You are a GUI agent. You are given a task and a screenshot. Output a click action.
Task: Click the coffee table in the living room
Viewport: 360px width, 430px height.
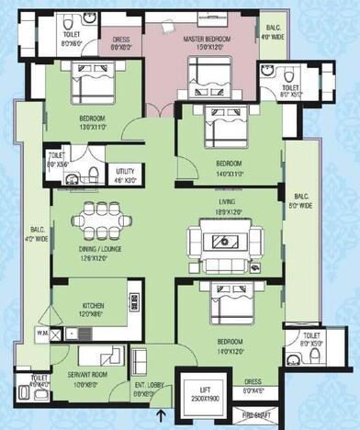tap(222, 241)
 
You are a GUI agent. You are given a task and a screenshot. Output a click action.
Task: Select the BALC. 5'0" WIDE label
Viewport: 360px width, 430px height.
tap(302, 201)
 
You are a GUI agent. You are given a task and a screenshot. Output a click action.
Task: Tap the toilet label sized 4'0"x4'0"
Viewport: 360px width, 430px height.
tap(39, 380)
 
